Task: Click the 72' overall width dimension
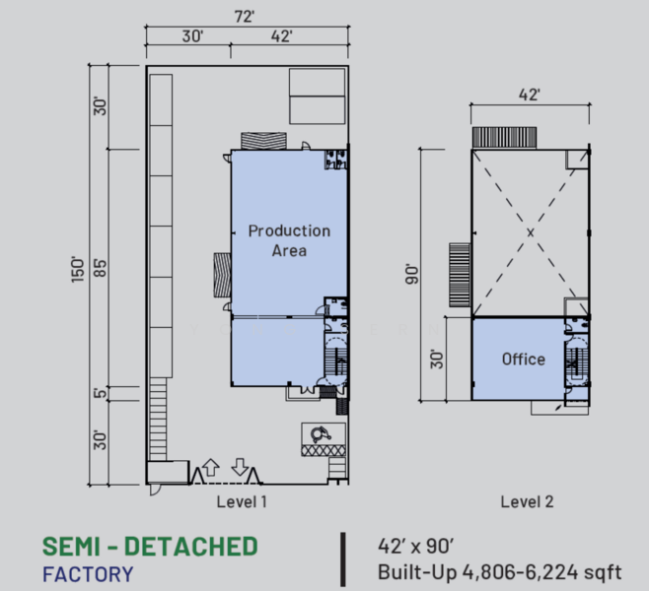[x=246, y=16]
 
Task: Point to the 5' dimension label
[x=99, y=394]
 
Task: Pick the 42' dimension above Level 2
[x=530, y=95]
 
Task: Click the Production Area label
[x=289, y=240]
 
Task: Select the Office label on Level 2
[x=523, y=360]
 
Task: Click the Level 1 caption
[x=242, y=501]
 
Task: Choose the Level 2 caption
[x=527, y=501]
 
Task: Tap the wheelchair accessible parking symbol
[x=321, y=432]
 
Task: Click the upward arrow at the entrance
[x=210, y=467]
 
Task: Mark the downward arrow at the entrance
[x=240, y=467]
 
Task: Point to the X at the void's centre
[x=531, y=232]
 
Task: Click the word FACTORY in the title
[x=88, y=572]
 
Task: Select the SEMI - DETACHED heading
[x=149, y=546]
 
